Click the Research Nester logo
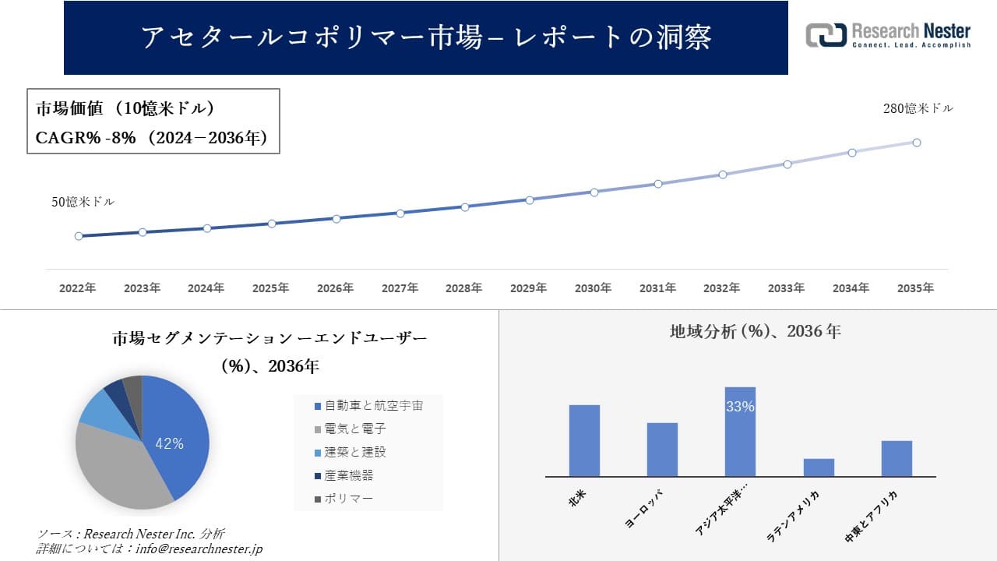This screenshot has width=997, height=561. point(888,36)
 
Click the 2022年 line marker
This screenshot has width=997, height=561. point(79,236)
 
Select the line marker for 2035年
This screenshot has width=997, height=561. point(917,143)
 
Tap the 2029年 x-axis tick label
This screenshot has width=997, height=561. point(528,288)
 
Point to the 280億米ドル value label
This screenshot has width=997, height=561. point(918,109)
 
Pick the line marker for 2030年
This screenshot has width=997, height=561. point(594,192)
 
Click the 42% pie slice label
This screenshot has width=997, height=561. point(169,444)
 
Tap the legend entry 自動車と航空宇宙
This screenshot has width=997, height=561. point(368,406)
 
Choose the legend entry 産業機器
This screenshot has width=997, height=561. point(348,475)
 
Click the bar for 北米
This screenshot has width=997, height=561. point(584,440)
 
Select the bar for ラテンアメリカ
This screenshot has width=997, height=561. point(819,467)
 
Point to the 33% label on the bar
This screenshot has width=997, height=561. point(740,407)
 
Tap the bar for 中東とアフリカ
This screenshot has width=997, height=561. point(897,458)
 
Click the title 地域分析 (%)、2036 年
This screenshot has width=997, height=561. point(755,331)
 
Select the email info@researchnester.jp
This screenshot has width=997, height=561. point(199,549)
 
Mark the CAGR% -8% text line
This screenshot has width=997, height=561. point(152,138)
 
